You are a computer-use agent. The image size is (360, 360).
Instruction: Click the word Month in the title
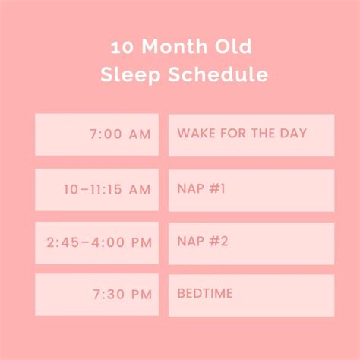pyautogui.click(x=175, y=46)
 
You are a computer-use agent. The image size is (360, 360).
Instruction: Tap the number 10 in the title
pyautogui.click(x=122, y=47)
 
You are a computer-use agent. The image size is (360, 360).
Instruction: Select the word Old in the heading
pyautogui.click(x=233, y=46)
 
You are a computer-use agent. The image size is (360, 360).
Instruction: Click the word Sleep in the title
pyautogui.click(x=131, y=74)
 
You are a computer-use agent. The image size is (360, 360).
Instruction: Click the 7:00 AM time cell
pyautogui.click(x=97, y=134)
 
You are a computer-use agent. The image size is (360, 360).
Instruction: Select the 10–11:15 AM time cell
pyautogui.click(x=97, y=190)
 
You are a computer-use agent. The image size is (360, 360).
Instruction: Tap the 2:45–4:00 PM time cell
pyautogui.click(x=97, y=243)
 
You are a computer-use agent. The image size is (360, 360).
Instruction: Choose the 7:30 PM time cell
pyautogui.click(x=97, y=295)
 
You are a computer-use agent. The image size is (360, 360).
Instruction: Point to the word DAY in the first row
pyautogui.click(x=293, y=133)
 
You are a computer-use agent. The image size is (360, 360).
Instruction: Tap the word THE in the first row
pyautogui.click(x=263, y=133)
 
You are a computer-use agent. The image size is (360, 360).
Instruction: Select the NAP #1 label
pyautogui.click(x=201, y=188)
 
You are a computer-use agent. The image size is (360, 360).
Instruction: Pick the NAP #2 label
pyautogui.click(x=203, y=242)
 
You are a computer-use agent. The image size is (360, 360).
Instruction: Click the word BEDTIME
pyautogui.click(x=205, y=293)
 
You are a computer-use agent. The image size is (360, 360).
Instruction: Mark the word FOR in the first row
pyautogui.click(x=233, y=133)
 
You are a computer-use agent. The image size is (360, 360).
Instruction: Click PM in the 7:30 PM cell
pyautogui.click(x=141, y=295)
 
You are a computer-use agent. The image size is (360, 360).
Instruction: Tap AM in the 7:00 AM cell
pyautogui.click(x=140, y=134)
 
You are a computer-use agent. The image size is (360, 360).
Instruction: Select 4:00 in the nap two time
pyautogui.click(x=108, y=242)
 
